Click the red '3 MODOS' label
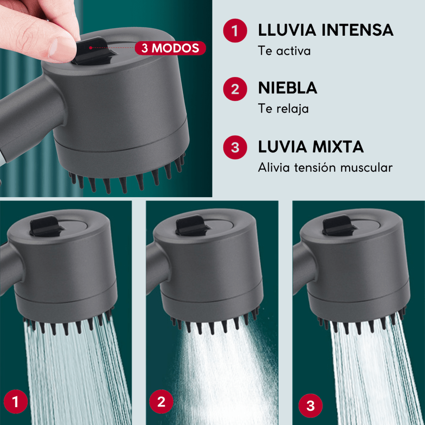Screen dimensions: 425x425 tap(170, 48)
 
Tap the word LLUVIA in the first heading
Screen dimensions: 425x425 tap(287, 30)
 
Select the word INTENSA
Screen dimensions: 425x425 tap(357, 30)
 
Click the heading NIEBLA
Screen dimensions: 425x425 tap(288, 88)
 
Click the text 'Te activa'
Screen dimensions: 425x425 tap(284, 51)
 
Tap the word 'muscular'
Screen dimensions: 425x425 tap(366, 168)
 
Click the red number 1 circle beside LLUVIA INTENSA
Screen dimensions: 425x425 tap(235, 30)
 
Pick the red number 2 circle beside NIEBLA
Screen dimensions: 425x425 tap(235, 89)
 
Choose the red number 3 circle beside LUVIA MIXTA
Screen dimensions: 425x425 tap(235, 147)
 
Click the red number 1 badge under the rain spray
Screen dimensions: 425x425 tap(16, 401)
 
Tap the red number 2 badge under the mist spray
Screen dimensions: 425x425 tap(161, 401)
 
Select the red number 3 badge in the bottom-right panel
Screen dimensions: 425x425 tap(310, 406)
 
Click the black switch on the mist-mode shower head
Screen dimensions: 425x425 tap(192, 225)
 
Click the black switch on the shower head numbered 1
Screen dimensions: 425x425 tap(46, 226)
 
